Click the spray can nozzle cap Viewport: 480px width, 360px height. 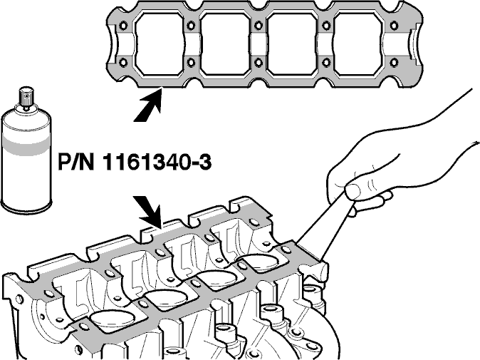coord(26,97)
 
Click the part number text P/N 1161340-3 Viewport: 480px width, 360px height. coord(135,162)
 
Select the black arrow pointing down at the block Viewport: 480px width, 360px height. coord(148,212)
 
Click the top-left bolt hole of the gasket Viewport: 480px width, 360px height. coord(124,25)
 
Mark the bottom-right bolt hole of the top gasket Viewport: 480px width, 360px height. coord(394,63)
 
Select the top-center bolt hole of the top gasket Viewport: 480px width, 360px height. coord(259,25)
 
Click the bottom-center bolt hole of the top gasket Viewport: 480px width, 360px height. coord(259,63)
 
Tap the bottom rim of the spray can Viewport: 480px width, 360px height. coord(26,207)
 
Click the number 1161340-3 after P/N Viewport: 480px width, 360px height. coord(157,162)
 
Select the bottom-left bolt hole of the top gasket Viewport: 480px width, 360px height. coord(124,63)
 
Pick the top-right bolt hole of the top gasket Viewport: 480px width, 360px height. coord(394,25)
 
